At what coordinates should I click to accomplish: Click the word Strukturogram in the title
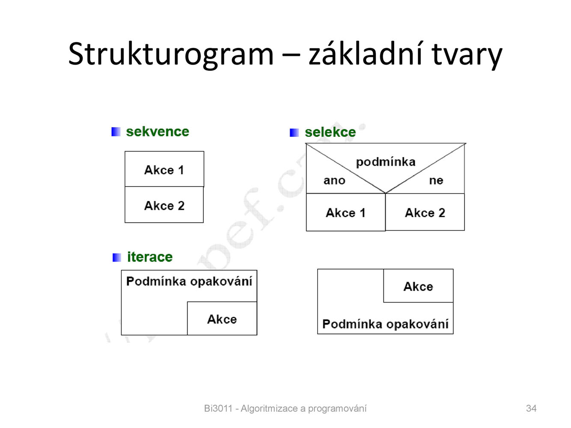(171, 55)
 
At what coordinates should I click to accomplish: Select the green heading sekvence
(158, 131)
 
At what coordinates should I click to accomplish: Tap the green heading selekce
(330, 132)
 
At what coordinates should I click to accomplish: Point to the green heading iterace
(150, 257)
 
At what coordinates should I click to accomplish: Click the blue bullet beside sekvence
(116, 132)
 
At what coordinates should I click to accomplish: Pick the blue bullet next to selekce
(294, 133)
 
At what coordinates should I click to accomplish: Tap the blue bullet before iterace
(117, 258)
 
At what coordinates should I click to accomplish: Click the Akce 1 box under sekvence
(164, 169)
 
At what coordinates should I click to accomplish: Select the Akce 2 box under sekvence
(164, 205)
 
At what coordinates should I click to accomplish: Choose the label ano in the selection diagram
(334, 181)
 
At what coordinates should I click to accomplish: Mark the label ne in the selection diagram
(436, 181)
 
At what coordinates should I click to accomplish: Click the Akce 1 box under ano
(346, 212)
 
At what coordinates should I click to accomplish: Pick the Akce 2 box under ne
(425, 212)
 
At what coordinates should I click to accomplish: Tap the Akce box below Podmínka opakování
(222, 318)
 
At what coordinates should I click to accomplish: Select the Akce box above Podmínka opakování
(418, 286)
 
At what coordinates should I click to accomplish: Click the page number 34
(531, 408)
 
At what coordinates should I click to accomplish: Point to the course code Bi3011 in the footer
(218, 408)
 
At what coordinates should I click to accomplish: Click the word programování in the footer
(337, 409)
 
